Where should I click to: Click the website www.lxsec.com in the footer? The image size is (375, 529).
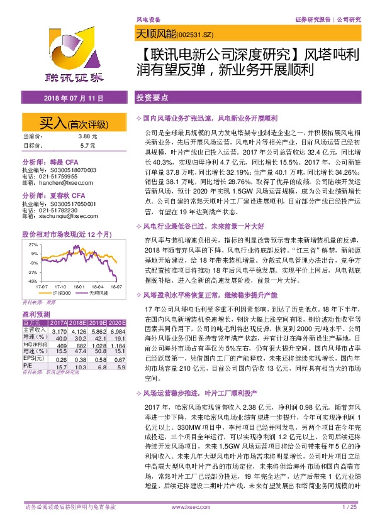187,523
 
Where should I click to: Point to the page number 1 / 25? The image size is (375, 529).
349,523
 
